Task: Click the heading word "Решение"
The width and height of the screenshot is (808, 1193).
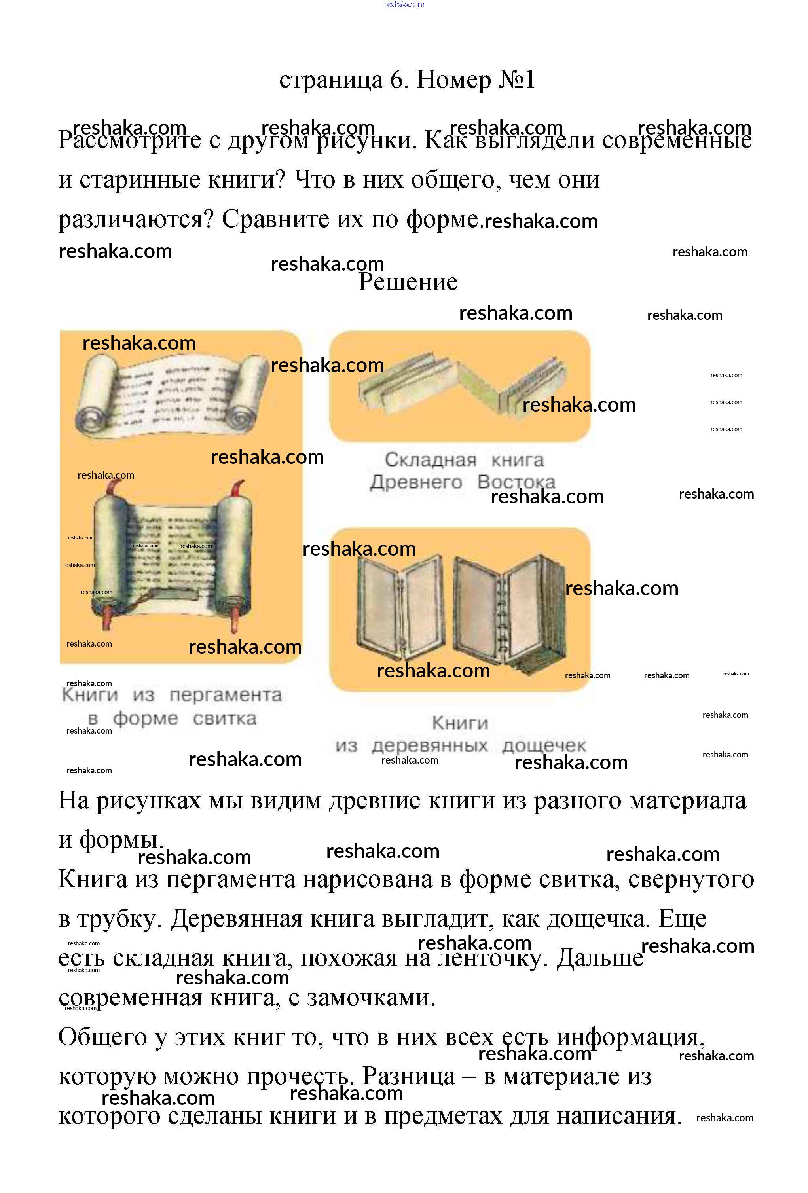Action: (x=408, y=282)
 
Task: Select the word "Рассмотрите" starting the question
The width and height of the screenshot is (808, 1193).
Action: (x=129, y=140)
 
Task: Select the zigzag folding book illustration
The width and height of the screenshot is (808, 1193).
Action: (x=461, y=385)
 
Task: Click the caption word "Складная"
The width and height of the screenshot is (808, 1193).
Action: (x=430, y=460)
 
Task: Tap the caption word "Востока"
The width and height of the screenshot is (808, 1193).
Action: (x=516, y=482)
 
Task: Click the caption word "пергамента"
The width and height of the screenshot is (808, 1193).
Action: (x=226, y=695)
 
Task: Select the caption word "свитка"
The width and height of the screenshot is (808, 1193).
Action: (x=224, y=719)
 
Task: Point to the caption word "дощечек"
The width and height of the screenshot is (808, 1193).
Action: (x=544, y=745)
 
